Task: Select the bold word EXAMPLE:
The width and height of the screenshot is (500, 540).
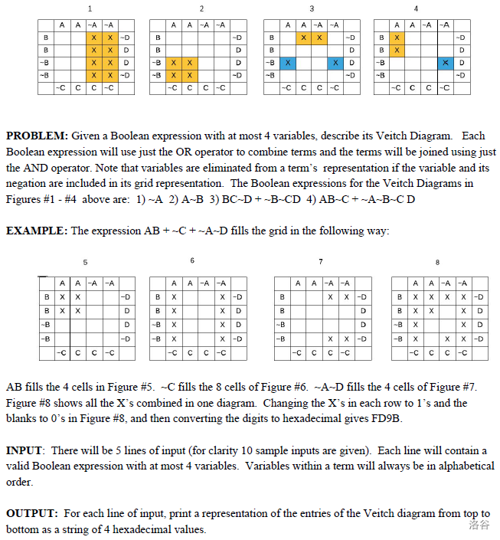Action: [x=37, y=231]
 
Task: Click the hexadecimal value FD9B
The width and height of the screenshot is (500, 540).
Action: [x=387, y=418]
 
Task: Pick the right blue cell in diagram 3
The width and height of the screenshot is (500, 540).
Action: [x=335, y=62]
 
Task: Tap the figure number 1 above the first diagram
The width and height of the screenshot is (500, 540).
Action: [x=90, y=8]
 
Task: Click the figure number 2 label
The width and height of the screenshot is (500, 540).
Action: [x=201, y=8]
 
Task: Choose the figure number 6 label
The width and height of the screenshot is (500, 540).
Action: [x=192, y=261]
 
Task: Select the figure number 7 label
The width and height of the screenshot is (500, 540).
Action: [x=321, y=262]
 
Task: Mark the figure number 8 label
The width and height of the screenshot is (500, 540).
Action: [x=437, y=262]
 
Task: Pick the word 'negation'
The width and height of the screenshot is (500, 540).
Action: [x=28, y=183]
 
